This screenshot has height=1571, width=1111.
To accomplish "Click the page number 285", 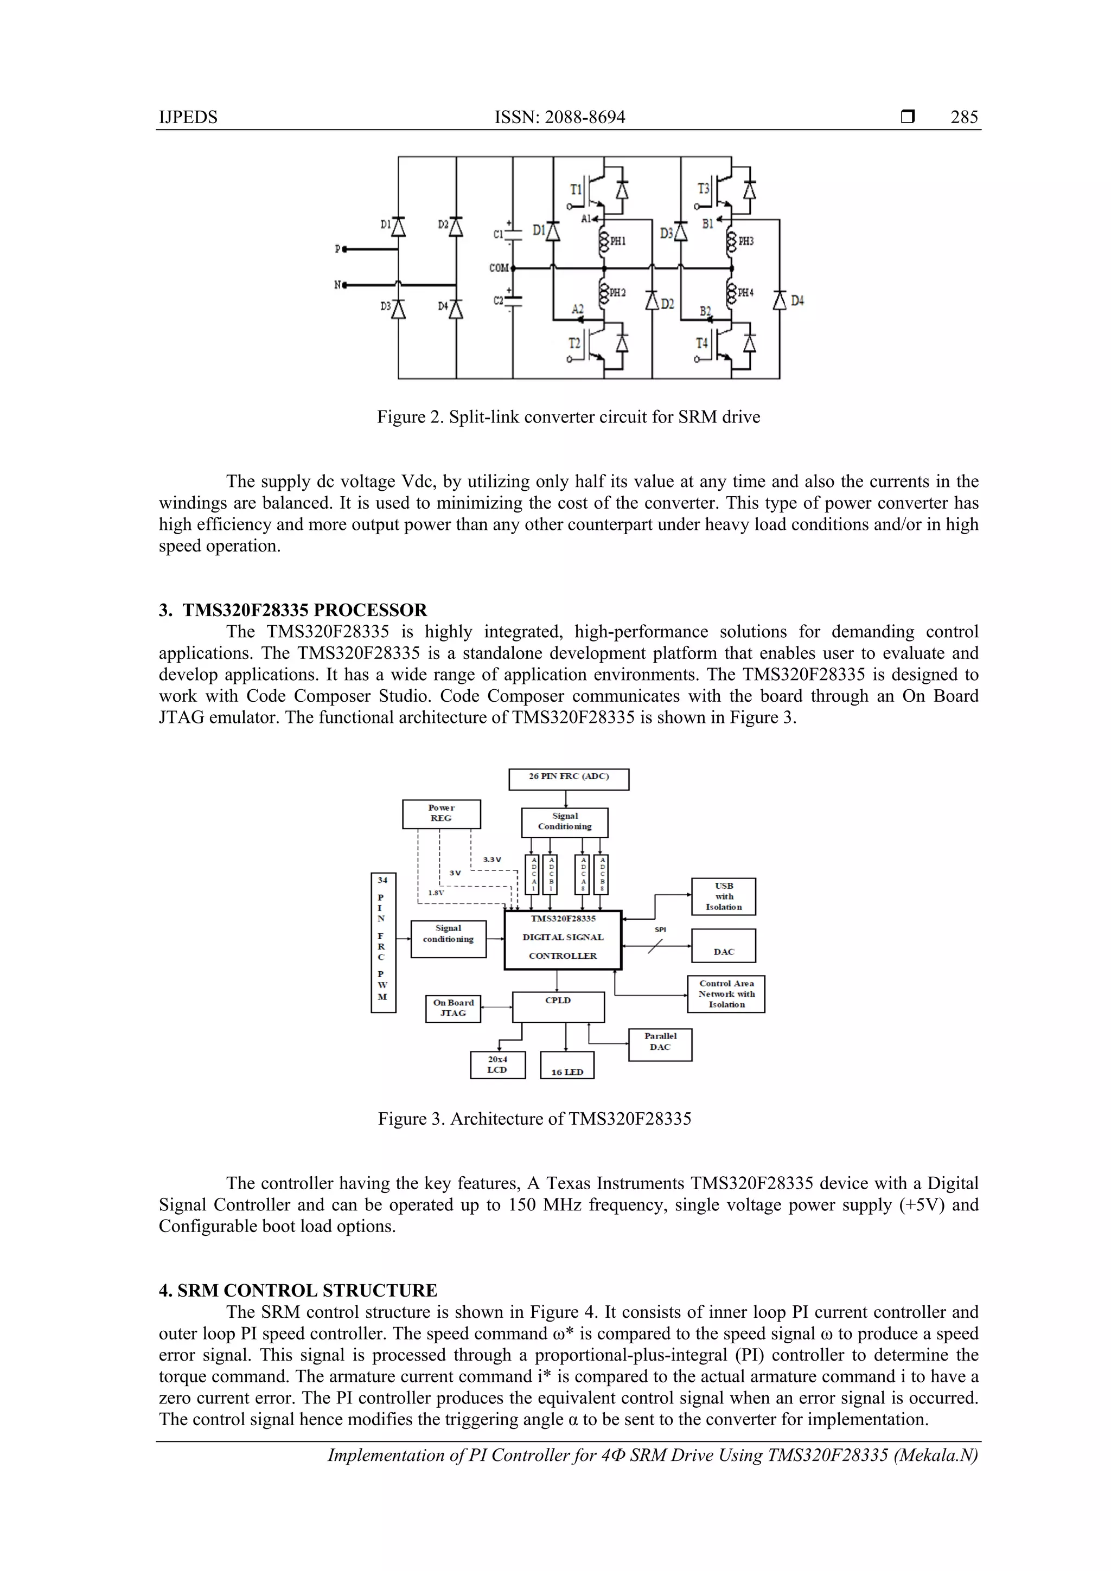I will pyautogui.click(x=964, y=117).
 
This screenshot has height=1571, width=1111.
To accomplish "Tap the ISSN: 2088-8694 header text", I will pyautogui.click(x=559, y=117).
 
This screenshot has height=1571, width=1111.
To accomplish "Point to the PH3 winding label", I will pyautogui.click(x=745, y=241).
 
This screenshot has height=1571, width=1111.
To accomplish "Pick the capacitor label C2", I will pyautogui.click(x=499, y=300).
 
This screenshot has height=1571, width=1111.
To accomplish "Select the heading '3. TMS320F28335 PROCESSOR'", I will pyautogui.click(x=293, y=610).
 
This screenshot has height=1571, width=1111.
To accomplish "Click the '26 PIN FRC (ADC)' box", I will pyautogui.click(x=568, y=779).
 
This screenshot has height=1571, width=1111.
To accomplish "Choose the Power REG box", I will pyautogui.click(x=441, y=813).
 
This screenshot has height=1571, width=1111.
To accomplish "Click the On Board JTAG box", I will pyautogui.click(x=452, y=1009).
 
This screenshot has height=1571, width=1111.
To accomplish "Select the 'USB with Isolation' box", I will pyautogui.click(x=723, y=896).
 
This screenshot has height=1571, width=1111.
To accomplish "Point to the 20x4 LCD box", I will pyautogui.click(x=497, y=1065).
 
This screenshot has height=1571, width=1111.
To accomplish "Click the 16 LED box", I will pyautogui.click(x=567, y=1066).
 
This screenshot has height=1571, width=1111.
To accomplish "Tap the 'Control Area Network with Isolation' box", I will pyautogui.click(x=726, y=994).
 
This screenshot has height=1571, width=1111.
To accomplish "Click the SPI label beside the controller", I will pyautogui.click(x=660, y=930).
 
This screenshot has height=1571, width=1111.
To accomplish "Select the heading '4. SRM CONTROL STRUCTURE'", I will pyautogui.click(x=298, y=1291).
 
